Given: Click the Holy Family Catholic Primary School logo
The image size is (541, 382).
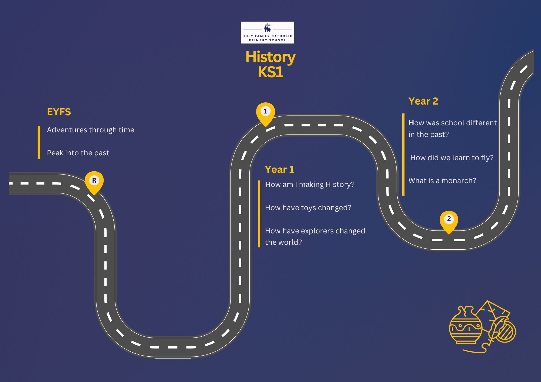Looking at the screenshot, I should click(267, 32).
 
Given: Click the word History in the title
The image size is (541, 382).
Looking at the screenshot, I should click(270, 57).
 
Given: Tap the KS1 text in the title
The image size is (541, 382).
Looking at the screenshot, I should click(270, 72).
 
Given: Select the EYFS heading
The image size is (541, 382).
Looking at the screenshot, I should click(59, 112).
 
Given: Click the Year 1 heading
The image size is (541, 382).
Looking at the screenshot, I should click(279, 169).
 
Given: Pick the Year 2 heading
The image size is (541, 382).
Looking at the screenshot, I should click(423, 101).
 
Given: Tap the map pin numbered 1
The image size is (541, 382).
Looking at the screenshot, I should click(265, 112).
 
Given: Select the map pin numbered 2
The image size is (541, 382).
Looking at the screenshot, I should click(449, 220).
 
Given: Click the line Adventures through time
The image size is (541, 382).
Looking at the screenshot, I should click(90, 130).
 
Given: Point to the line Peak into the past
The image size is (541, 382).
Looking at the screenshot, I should click(78, 153).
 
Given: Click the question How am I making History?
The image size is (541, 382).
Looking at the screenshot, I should click(309, 185).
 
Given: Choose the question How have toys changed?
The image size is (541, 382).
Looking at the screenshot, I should click(308, 208).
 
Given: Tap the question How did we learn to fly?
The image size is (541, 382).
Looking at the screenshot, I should click(452, 158).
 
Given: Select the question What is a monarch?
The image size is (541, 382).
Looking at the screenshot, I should click(442, 181).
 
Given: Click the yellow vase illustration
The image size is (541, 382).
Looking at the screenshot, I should click(465, 326).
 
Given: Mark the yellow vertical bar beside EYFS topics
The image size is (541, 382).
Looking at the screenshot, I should click(39, 142).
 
